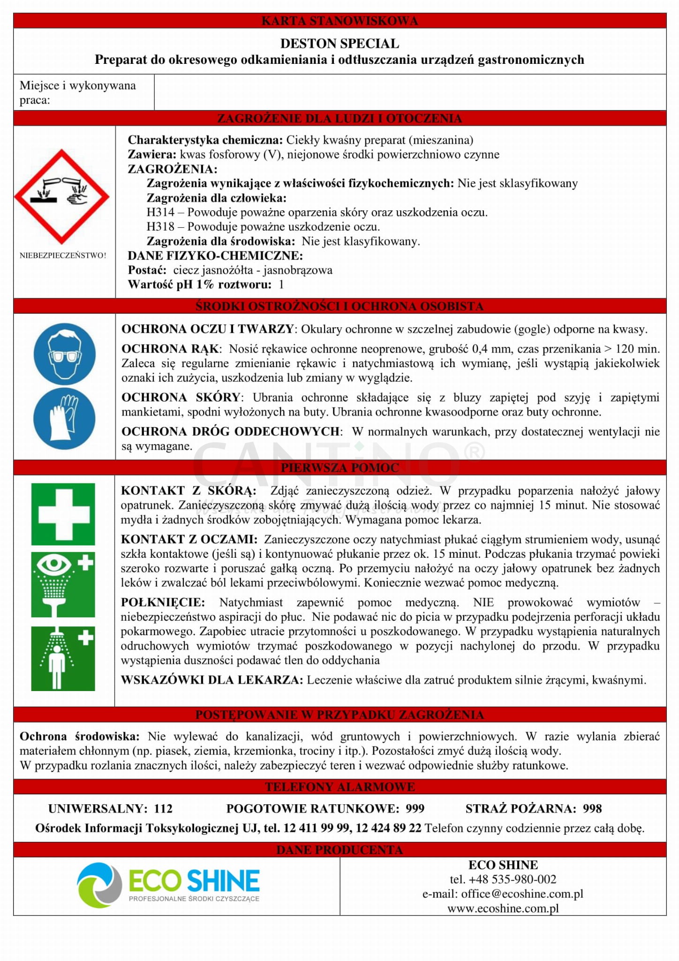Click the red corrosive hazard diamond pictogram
(61, 197)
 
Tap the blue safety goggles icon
(65, 354)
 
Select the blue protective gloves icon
(65, 418)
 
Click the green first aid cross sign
(63, 514)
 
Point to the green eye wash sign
(63, 584)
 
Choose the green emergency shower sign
(63, 658)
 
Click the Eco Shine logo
(168, 885)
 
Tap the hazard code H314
(160, 212)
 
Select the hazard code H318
(160, 227)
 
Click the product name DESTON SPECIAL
(339, 44)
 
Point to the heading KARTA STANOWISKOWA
(339, 21)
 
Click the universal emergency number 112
(163, 808)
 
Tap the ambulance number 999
(415, 808)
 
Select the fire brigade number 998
(592, 808)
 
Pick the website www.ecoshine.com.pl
(503, 908)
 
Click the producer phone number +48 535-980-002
(512, 879)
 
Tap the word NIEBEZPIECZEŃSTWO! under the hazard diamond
(63, 255)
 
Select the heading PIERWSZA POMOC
(339, 468)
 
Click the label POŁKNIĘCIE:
(163, 602)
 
